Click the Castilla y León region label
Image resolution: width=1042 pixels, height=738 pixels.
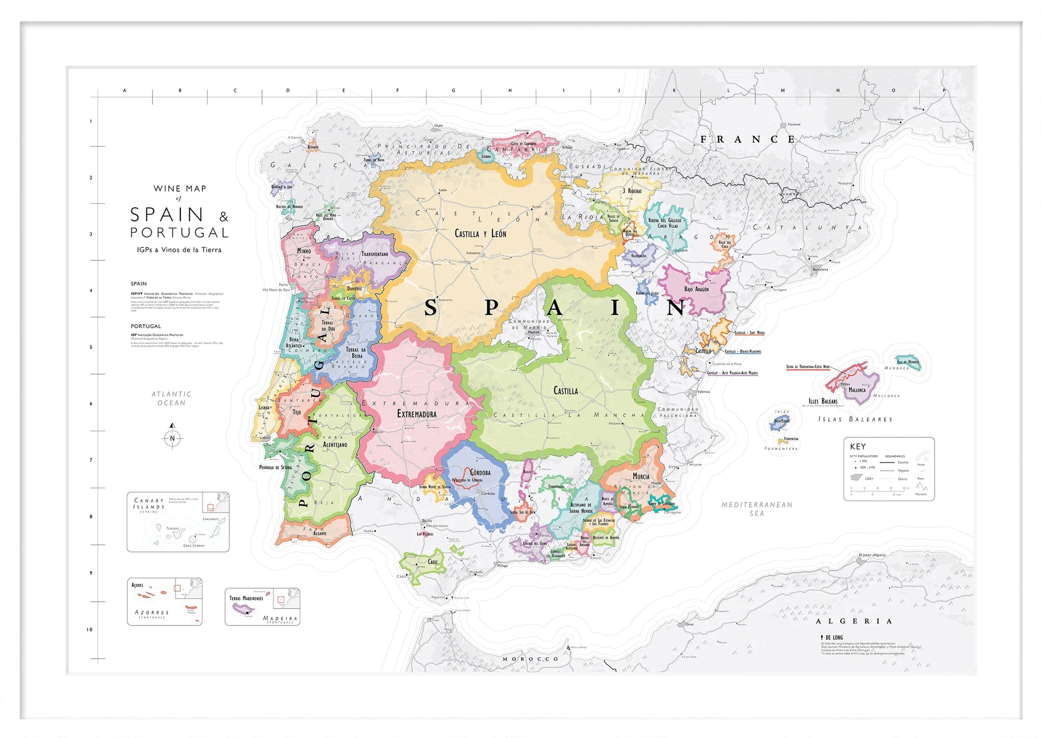coord(480,234)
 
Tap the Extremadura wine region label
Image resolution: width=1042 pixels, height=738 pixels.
coord(417,414)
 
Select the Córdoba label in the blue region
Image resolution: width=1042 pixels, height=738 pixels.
coord(480,472)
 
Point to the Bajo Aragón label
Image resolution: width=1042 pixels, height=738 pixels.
coord(696,289)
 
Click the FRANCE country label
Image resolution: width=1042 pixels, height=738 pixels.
coord(747,139)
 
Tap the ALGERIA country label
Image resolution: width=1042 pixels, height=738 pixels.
coord(854,621)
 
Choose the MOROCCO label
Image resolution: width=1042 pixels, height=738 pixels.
coord(530,659)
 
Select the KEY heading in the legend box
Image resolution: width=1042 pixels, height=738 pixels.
coord(858,446)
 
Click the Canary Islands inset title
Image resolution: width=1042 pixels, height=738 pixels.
coord(149,503)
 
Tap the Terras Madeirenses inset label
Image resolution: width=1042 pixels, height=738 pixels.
coord(246,598)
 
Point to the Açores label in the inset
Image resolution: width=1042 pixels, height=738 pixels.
coord(137,585)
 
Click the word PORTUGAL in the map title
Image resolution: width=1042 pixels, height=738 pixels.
coord(179,232)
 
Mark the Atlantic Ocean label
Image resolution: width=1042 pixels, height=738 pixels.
coord(171,398)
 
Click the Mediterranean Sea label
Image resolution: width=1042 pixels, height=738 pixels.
coord(756,509)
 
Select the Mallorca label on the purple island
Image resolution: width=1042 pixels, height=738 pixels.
coord(857,390)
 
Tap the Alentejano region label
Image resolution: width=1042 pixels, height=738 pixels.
coord(335,445)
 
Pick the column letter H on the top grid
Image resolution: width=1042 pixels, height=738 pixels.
coord(510,91)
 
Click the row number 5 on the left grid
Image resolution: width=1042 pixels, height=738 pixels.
coord(91,347)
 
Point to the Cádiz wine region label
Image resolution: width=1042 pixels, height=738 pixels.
coord(432,562)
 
